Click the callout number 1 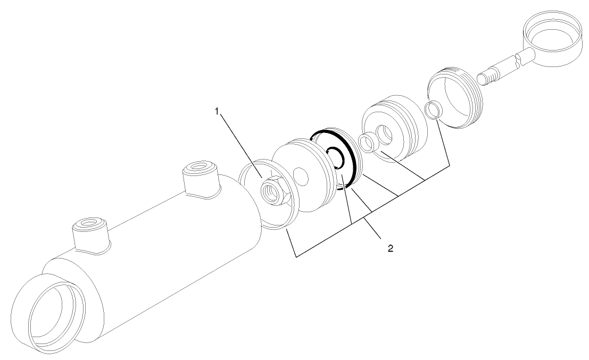point(217,111)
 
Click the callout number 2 point(391,248)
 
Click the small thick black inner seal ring point(336,158)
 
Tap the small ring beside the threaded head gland point(434,110)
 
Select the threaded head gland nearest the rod point(457,98)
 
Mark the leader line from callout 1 point(239,144)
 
